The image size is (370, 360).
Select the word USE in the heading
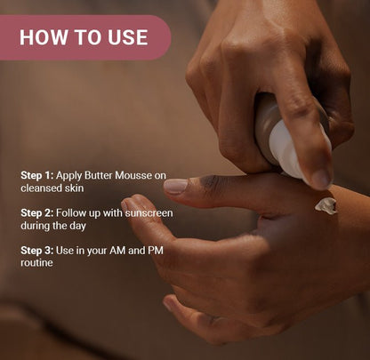(x=125, y=37)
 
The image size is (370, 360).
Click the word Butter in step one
(x=101, y=176)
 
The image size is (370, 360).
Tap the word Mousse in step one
(x=139, y=176)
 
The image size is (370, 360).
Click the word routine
(x=38, y=263)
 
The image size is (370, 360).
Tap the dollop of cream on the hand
(x=326, y=205)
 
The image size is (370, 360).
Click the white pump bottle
(x=289, y=138)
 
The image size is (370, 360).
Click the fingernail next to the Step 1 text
(x=175, y=186)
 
